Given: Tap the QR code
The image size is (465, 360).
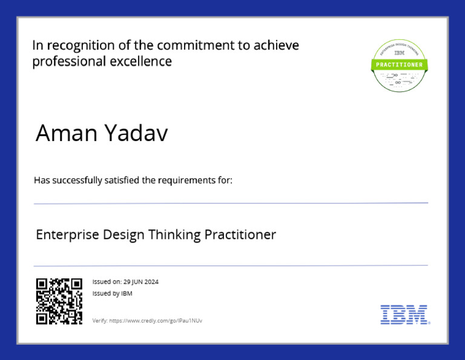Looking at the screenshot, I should click(x=59, y=301).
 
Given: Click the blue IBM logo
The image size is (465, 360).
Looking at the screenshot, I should click(x=404, y=314).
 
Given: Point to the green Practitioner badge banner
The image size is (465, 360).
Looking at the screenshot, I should click(x=399, y=64).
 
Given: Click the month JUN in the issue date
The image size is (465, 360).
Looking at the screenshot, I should click(x=137, y=282).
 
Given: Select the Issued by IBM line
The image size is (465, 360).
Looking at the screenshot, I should click(x=112, y=293).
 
